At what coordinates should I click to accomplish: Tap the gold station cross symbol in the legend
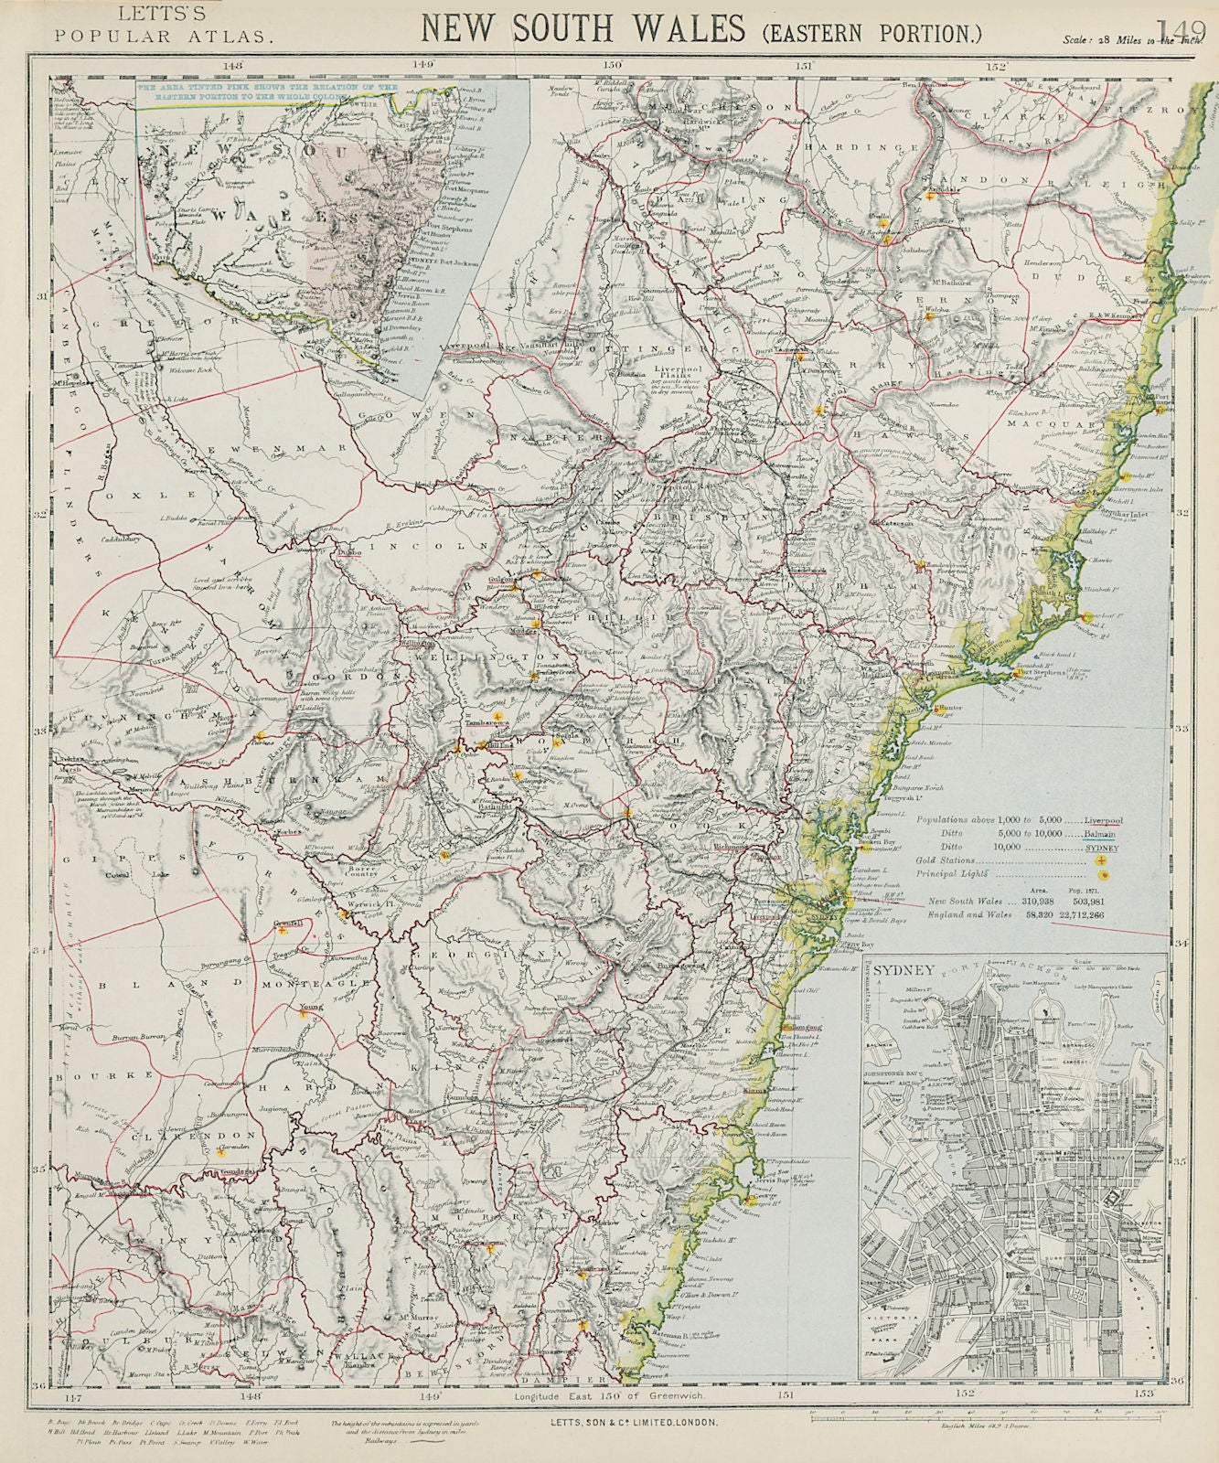(1100, 860)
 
